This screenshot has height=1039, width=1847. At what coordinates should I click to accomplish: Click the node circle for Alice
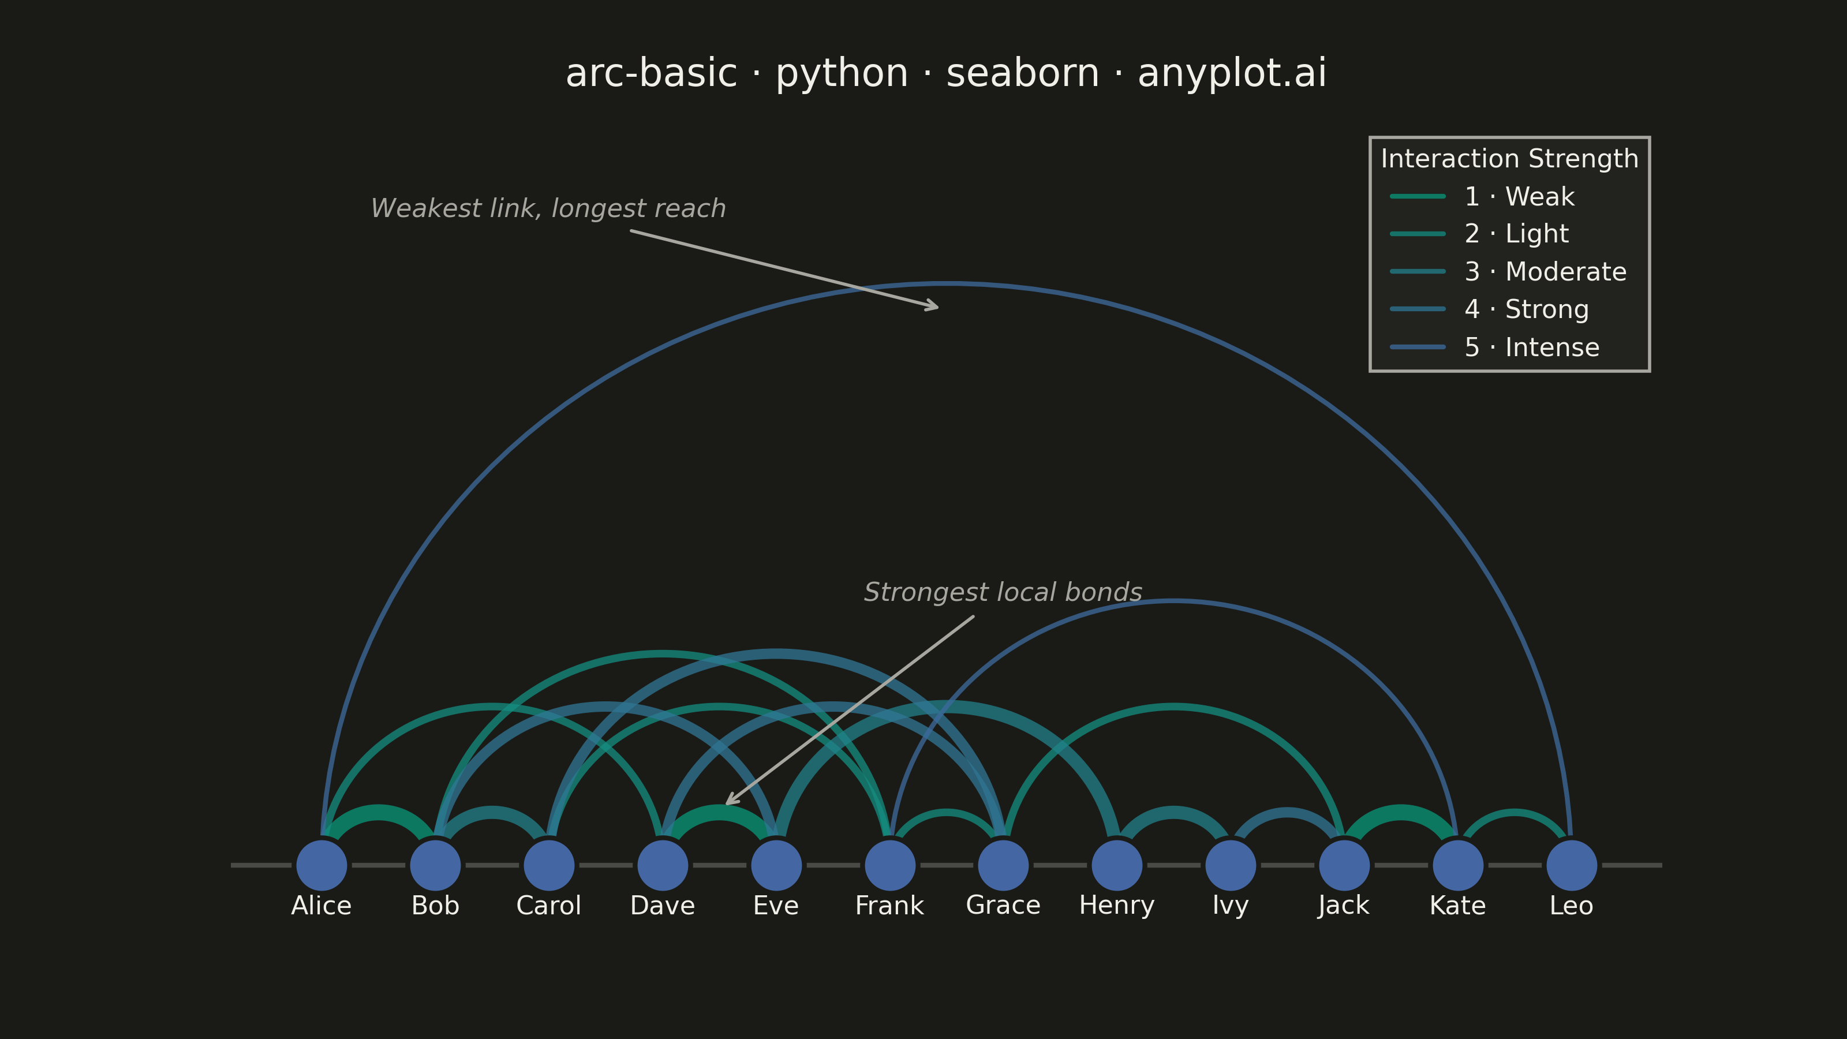pos(322,865)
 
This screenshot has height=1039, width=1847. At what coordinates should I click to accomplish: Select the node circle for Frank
pos(890,865)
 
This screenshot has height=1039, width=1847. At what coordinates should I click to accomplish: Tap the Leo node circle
pos(1572,865)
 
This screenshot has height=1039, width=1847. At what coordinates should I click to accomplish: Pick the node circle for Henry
pos(1117,865)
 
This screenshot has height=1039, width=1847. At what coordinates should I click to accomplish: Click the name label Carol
pos(548,906)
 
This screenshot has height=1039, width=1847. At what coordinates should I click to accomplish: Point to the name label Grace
pos(1003,906)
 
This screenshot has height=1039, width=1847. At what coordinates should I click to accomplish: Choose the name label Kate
pos(1457,906)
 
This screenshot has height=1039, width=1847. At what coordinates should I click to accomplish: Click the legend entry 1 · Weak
pos(1482,196)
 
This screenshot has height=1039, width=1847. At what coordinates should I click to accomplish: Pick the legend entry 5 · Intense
pos(1495,347)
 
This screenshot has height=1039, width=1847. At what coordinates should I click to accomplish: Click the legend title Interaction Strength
pos(1509,159)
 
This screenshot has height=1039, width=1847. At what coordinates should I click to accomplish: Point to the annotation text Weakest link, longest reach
pos(548,208)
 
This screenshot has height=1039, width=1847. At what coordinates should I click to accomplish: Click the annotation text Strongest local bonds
pos(1003,592)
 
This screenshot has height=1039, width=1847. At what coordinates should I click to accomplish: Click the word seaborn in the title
pos(1022,73)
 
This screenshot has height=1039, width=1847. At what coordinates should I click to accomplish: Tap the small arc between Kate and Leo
pos(1515,812)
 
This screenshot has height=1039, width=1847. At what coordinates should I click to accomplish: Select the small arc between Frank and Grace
pos(947,812)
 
